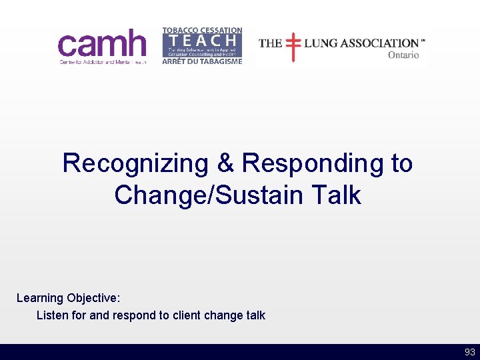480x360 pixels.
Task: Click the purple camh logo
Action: pyautogui.click(x=102, y=46)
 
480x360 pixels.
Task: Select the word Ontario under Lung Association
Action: pyautogui.click(x=403, y=55)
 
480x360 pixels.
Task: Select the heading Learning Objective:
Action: pyautogui.click(x=69, y=298)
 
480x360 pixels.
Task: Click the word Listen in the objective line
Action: pyautogui.click(x=53, y=315)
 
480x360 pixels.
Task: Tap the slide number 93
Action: pyautogui.click(x=469, y=352)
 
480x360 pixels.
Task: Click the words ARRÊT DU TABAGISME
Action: pyautogui.click(x=202, y=61)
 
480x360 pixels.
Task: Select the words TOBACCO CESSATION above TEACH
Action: pyautogui.click(x=202, y=31)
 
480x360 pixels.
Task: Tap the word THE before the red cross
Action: pyautogui.click(x=270, y=43)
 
